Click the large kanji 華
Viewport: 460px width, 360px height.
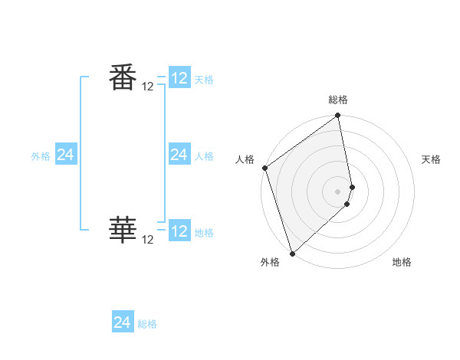(x=122, y=229)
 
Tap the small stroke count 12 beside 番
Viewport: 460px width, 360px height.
(x=148, y=87)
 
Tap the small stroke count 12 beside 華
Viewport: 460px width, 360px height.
(x=148, y=240)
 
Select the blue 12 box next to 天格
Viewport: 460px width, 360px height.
(x=179, y=78)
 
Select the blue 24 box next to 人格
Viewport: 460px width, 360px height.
(x=179, y=155)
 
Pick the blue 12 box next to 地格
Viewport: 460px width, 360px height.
(x=179, y=231)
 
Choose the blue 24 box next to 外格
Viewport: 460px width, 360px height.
(x=66, y=155)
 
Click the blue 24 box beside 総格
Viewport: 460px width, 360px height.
(x=123, y=322)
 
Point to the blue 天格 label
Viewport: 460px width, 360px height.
(x=204, y=80)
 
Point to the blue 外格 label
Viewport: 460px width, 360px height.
(x=41, y=156)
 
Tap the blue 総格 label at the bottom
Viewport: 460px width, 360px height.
(x=147, y=324)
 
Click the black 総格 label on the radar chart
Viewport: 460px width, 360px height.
(x=338, y=100)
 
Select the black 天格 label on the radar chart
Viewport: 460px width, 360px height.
(x=431, y=159)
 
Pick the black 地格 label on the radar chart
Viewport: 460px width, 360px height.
(x=402, y=262)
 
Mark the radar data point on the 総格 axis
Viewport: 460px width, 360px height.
(x=338, y=116)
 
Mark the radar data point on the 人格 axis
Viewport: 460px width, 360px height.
(x=265, y=168)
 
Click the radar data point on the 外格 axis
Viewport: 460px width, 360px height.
(x=292, y=253)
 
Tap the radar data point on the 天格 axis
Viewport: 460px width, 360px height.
(x=353, y=186)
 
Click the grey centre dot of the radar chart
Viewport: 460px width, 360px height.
(x=338, y=191)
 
